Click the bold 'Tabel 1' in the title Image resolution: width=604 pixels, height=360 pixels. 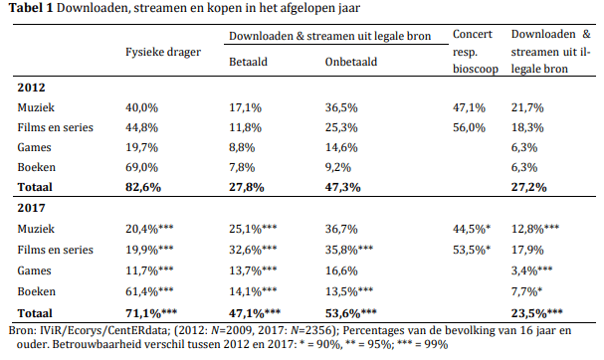tap(31, 8)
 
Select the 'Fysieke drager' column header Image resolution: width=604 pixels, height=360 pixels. tap(163, 52)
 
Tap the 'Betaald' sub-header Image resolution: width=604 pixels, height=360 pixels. tap(248, 62)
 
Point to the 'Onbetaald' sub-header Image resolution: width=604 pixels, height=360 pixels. tap(351, 62)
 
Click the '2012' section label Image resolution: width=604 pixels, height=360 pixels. tap(31, 88)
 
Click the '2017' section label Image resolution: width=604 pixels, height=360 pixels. tap(31, 208)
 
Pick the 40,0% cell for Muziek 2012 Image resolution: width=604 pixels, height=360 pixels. tap(141, 107)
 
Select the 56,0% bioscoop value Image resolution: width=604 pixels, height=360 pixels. tap(469, 127)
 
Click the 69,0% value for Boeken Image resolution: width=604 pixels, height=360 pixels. tap(141, 167)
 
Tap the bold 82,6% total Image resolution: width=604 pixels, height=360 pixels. tap(143, 188)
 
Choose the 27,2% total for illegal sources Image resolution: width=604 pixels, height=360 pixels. tap(529, 188)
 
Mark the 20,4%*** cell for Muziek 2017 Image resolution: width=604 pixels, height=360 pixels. tap(149, 229)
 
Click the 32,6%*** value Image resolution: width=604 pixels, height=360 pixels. tap(253, 250)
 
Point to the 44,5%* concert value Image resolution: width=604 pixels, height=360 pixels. tap(472, 229)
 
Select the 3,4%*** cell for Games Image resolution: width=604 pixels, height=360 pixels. tap(531, 270)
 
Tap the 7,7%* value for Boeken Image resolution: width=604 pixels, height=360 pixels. tap(526, 291)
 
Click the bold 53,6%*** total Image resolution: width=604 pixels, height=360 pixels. tap(350, 313)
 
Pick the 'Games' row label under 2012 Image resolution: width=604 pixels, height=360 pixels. tap(34, 147)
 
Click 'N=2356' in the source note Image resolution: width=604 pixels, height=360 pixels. tap(310, 331)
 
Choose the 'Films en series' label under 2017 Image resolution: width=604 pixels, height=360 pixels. tap(55, 250)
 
